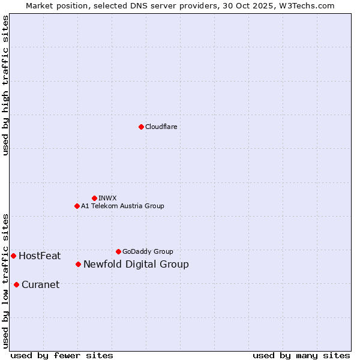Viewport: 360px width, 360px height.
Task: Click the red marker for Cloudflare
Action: click(141, 127)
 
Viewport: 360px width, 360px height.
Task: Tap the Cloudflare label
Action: click(161, 127)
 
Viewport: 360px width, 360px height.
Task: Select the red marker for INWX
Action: click(94, 198)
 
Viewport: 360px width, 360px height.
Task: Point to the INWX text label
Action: click(107, 198)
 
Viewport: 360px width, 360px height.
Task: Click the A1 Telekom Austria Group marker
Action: click(77, 206)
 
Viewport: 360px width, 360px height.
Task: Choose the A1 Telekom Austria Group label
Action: click(122, 206)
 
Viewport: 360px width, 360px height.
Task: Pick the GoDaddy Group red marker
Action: click(118, 251)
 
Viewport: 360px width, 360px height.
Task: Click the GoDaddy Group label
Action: click(148, 251)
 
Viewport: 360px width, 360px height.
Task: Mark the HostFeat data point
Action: click(13, 256)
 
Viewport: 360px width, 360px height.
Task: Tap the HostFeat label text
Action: click(40, 256)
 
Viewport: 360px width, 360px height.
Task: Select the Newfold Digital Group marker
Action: click(78, 264)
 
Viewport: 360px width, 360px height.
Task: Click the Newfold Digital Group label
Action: click(136, 265)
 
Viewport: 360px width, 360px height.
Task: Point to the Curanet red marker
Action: click(16, 284)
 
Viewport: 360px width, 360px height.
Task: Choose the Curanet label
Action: click(40, 285)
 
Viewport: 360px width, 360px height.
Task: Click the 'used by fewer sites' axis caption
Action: click(62, 355)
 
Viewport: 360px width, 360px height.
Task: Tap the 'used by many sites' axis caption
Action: click(301, 355)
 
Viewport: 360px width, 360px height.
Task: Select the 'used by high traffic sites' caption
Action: click(6, 85)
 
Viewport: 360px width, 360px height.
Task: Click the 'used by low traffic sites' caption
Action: click(6, 281)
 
